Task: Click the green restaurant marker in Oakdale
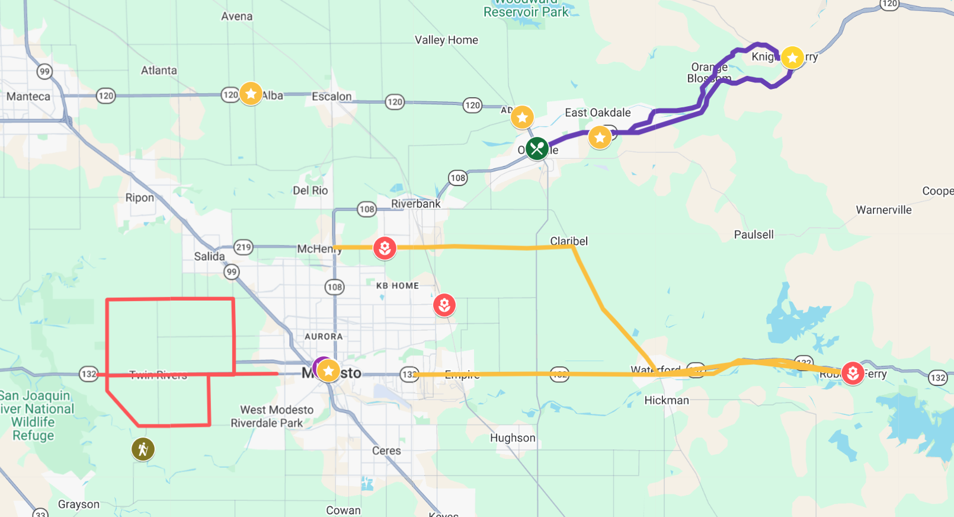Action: (x=537, y=148)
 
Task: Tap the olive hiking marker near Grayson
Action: (x=143, y=449)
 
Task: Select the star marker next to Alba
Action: (x=251, y=94)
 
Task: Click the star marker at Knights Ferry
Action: (x=792, y=58)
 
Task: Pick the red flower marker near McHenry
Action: (x=385, y=248)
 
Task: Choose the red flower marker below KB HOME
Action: (x=444, y=305)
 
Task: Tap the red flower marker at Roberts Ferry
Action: (x=852, y=373)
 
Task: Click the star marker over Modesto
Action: (x=328, y=371)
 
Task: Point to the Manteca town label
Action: (x=28, y=97)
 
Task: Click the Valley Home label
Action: (x=446, y=40)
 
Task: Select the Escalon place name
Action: (x=332, y=97)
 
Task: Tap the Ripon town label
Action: (x=139, y=198)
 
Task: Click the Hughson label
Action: (x=513, y=438)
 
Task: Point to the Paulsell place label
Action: (x=754, y=235)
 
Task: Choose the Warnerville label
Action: (x=883, y=210)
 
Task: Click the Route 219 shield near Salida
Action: (x=244, y=247)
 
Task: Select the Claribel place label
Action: (x=569, y=241)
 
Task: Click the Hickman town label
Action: (x=667, y=401)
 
